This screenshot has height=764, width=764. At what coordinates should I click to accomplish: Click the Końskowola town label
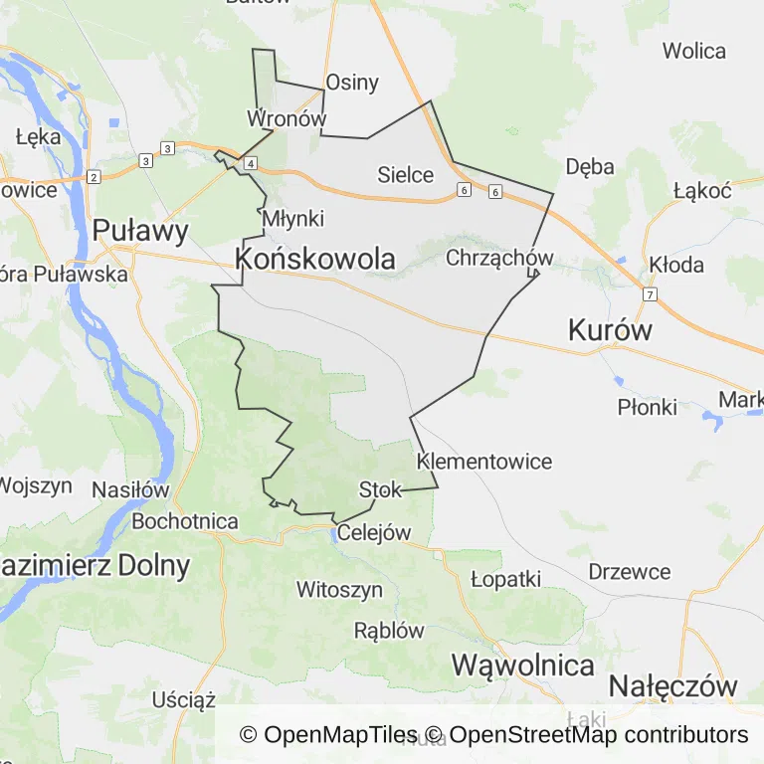pos(315,259)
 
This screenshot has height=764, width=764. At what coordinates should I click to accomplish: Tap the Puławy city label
pos(140,232)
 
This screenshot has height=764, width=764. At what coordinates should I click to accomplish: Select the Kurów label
pos(610,330)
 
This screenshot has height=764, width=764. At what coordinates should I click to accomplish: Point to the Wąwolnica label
pos(523,665)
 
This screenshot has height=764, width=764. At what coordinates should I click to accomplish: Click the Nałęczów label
pos(673,685)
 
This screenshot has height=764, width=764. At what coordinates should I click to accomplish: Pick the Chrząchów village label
pos(499,258)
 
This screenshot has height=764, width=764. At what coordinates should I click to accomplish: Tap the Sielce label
pos(406,175)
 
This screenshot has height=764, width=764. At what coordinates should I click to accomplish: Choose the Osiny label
pos(352,82)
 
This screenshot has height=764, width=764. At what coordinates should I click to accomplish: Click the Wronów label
pos(286,118)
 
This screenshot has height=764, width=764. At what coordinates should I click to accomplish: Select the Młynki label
pos(293,218)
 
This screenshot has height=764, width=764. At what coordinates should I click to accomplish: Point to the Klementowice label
pos(484,462)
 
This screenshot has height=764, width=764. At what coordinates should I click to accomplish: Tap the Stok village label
pos(380,489)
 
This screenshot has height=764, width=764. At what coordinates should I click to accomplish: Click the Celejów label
pos(374,532)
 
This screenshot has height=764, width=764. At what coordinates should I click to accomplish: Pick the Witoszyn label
pos(339,590)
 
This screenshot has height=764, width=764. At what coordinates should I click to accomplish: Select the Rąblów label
pos(389,630)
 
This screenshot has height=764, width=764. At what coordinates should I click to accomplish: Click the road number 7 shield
pos(650,294)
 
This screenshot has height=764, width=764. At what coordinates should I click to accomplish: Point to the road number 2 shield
pos(93,177)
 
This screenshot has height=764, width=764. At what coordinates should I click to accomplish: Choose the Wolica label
pos(694,51)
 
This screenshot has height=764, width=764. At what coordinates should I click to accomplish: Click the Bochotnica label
pos(185,521)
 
